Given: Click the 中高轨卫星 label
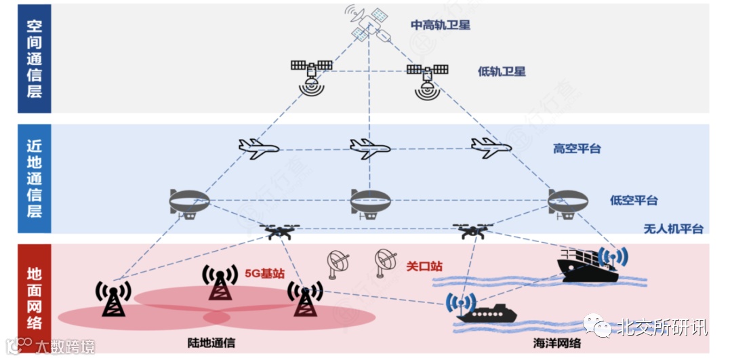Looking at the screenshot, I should pyautogui.click(x=441, y=25).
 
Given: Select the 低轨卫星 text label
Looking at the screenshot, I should pyautogui.click(x=502, y=71).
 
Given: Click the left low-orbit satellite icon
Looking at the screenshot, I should pyautogui.click(x=311, y=75).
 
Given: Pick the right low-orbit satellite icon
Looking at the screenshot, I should pyautogui.click(x=427, y=79).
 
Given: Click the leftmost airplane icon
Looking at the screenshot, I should pyautogui.click(x=259, y=148).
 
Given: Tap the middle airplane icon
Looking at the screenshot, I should pyautogui.click(x=369, y=148).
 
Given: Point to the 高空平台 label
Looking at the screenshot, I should pyautogui.click(x=577, y=148).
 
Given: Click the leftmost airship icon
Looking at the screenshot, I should pyautogui.click(x=189, y=202).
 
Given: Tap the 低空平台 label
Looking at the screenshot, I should pyautogui.click(x=634, y=200).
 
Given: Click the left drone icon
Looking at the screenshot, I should pyautogui.click(x=279, y=232).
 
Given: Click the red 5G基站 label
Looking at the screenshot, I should pyautogui.click(x=264, y=273).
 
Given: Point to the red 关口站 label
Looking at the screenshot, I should pyautogui.click(x=424, y=266).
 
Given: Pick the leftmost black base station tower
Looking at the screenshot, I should pyautogui.click(x=113, y=298).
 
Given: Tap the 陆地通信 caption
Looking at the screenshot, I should pyautogui.click(x=211, y=343).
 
